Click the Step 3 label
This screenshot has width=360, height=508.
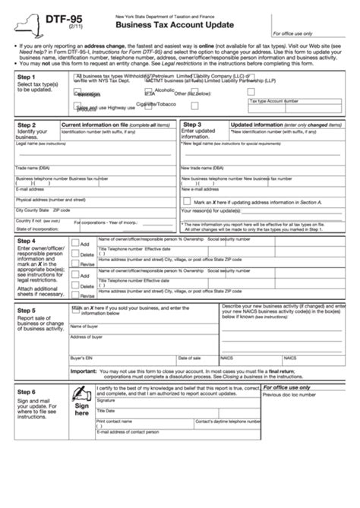coord(192,124)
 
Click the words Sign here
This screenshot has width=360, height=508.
coord(81,411)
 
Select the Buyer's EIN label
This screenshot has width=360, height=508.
coord(80,357)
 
